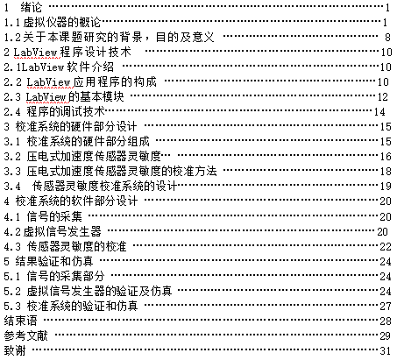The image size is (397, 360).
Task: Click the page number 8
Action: (387, 38)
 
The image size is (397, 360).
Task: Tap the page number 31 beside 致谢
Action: (386, 350)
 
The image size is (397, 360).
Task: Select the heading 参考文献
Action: (25, 335)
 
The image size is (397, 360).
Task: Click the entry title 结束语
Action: (20, 321)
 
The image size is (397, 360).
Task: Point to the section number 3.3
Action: (12, 172)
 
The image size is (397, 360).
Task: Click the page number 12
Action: (382, 97)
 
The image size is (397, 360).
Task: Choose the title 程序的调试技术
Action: (66, 111)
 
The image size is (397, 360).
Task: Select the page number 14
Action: (379, 112)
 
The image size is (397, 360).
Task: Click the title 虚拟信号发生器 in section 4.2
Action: (62, 231)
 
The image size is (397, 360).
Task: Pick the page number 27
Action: (386, 306)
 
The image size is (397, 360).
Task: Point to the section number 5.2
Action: (12, 291)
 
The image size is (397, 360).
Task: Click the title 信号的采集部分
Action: (66, 276)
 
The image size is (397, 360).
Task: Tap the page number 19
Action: (386, 187)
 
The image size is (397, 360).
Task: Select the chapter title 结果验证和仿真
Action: (54, 261)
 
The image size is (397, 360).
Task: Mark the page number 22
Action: (386, 247)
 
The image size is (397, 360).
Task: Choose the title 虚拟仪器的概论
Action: (62, 22)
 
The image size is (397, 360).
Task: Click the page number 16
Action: (386, 157)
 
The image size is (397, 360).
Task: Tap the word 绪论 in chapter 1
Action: (32, 7)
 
